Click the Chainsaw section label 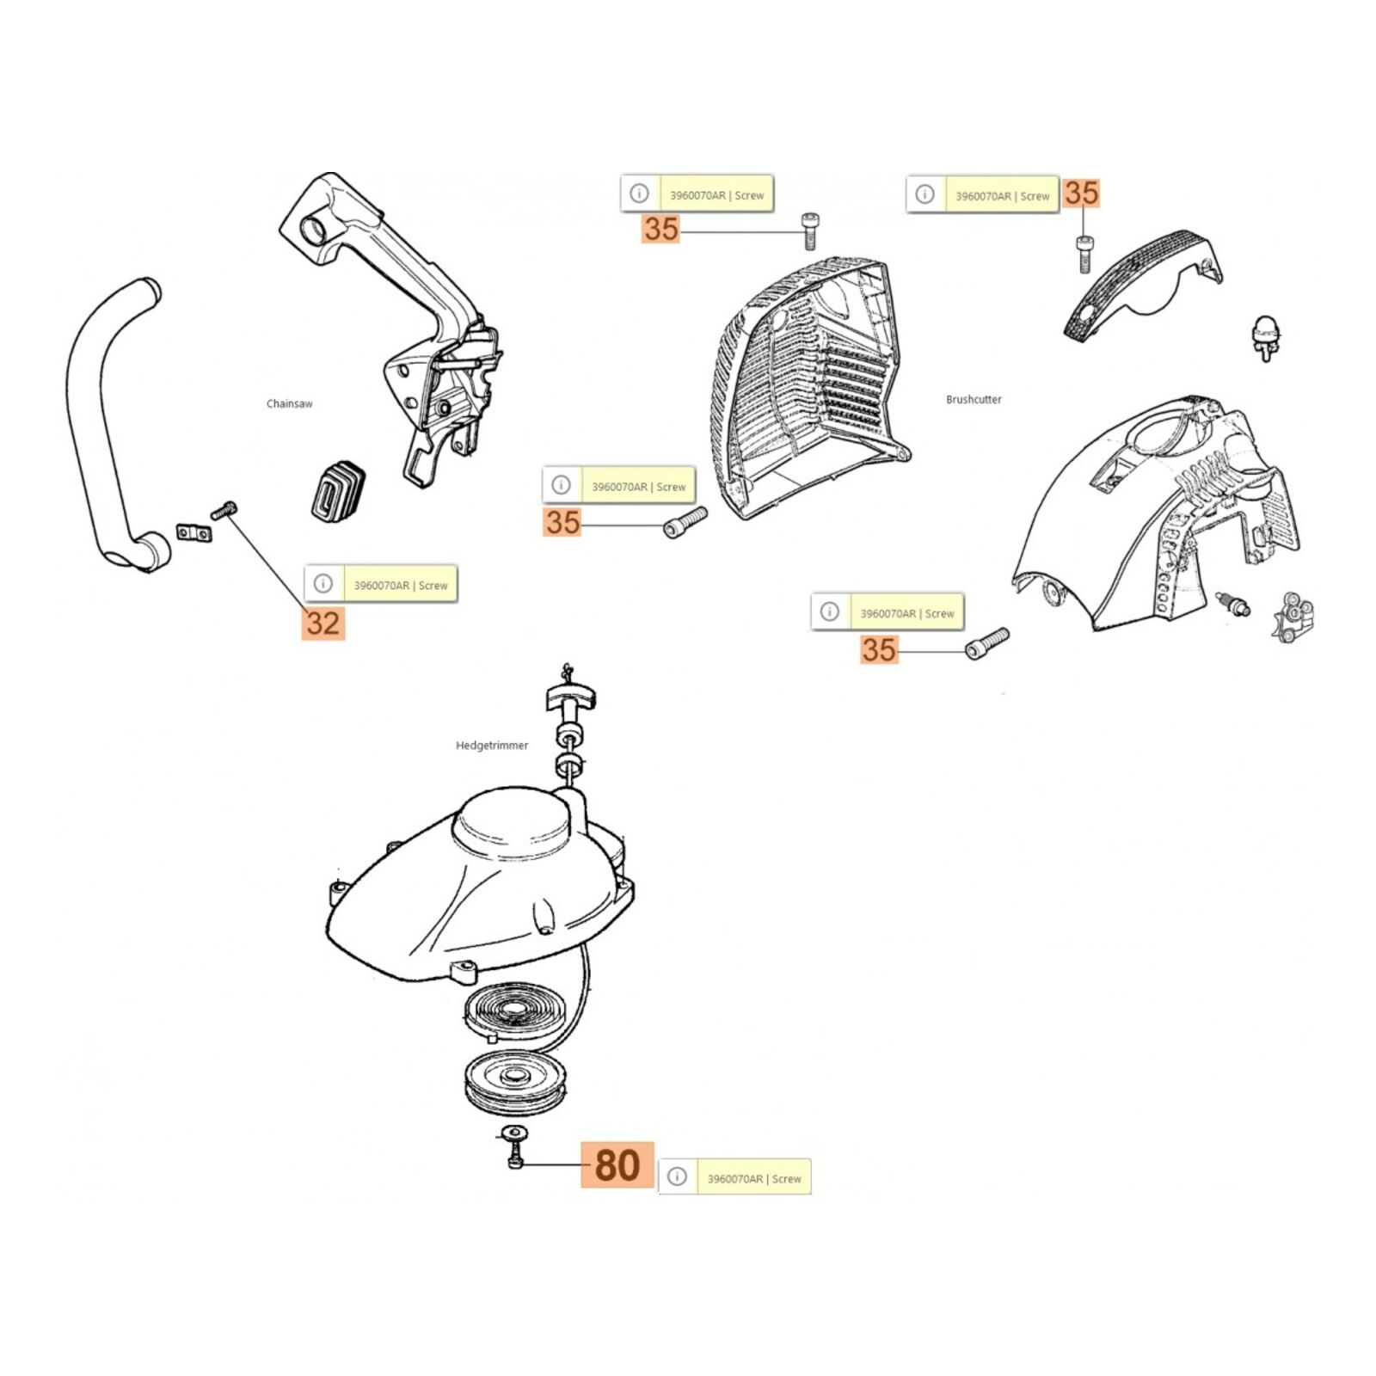(289, 403)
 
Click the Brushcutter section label (974, 399)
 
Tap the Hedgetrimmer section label (492, 746)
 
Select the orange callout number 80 (617, 1165)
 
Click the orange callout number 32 (322, 623)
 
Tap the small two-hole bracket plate (194, 533)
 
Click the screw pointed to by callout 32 (224, 509)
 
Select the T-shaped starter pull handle (569, 693)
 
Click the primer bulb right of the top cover (1263, 336)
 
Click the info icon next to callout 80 (678, 1176)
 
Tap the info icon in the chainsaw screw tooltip (323, 583)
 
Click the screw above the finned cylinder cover (808, 230)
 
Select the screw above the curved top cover (1084, 254)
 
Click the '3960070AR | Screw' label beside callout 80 (754, 1178)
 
